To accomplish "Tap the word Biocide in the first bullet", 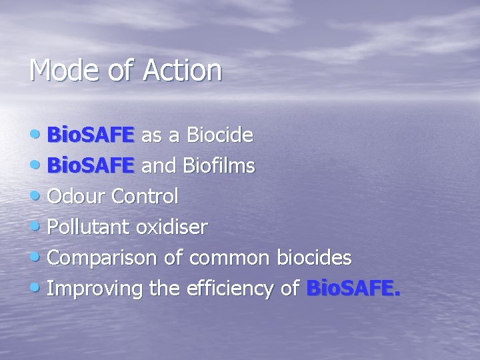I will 219,135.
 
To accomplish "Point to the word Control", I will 145,196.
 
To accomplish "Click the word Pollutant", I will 89,227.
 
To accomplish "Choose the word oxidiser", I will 171,227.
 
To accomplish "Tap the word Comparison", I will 105,257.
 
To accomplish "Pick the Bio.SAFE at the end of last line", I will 353,288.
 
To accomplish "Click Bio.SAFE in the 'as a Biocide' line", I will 91,135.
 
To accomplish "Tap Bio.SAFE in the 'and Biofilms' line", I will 91,165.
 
